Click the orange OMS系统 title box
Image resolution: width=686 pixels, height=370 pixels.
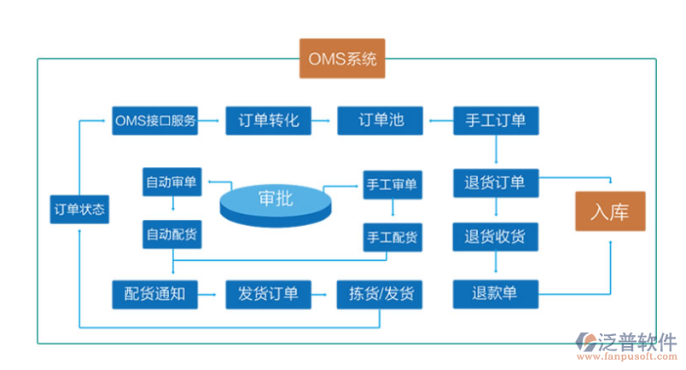point(341,59)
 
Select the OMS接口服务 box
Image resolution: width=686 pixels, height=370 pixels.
point(155,121)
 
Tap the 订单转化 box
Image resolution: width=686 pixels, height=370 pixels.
point(268,121)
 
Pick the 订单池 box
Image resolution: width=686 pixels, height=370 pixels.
point(381,121)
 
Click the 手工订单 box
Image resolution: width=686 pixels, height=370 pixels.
point(495,121)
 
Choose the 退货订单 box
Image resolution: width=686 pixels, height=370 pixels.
point(495,182)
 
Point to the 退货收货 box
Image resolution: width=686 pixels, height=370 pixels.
point(495,236)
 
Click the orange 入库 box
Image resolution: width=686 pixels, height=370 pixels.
point(609,211)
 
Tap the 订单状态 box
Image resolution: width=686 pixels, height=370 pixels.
point(79,210)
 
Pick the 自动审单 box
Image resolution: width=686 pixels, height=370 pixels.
point(173,182)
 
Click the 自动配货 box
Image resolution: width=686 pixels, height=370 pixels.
point(173,234)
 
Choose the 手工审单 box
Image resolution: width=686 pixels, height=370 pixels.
point(392,184)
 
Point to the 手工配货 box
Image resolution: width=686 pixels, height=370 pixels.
point(392,237)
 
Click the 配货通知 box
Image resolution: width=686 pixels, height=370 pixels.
point(155,294)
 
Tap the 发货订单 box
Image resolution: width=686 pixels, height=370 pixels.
point(268,294)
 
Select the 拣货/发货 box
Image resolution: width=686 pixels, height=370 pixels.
point(381,294)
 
